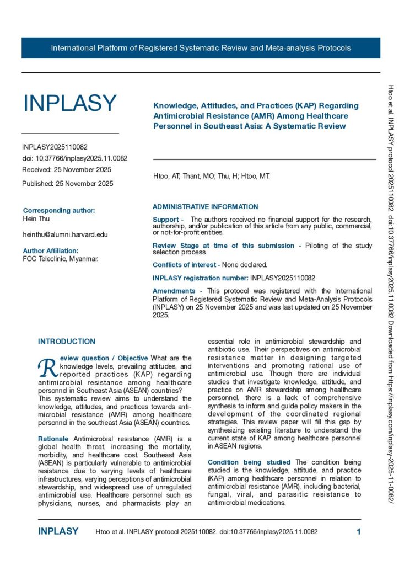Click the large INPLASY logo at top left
click(x=69, y=103)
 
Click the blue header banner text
click(x=201, y=48)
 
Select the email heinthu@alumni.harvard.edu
click(x=65, y=234)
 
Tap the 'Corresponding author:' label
click(x=59, y=210)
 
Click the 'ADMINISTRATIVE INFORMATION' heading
click(x=205, y=207)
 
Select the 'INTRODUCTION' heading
click(x=67, y=342)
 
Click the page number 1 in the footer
click(x=359, y=531)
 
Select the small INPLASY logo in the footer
click(x=58, y=531)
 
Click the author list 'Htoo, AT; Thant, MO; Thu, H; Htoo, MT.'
click(x=212, y=177)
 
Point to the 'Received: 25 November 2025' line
click(x=67, y=169)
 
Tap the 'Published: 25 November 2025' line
click(x=68, y=184)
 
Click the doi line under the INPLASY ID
click(x=75, y=158)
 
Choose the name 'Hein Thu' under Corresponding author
click(x=36, y=218)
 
